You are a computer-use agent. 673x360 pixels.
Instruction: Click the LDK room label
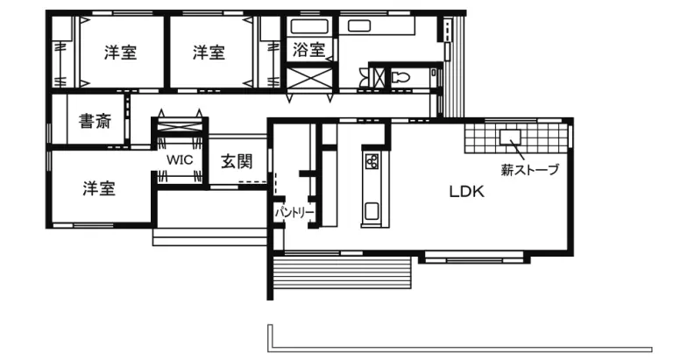click(467, 192)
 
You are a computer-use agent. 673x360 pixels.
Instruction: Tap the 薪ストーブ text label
click(529, 170)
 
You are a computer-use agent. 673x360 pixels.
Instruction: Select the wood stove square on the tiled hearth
click(510, 137)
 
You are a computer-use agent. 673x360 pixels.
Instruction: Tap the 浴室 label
click(309, 52)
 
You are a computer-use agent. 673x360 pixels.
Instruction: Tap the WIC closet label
click(180, 161)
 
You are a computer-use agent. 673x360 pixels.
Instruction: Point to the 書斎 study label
click(95, 121)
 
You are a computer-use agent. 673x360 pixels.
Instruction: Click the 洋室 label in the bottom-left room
click(99, 188)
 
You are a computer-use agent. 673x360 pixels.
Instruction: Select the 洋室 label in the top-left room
click(121, 53)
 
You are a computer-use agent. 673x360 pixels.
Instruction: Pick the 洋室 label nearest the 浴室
click(209, 53)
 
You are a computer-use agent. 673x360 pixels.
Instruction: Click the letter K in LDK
click(478, 192)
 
